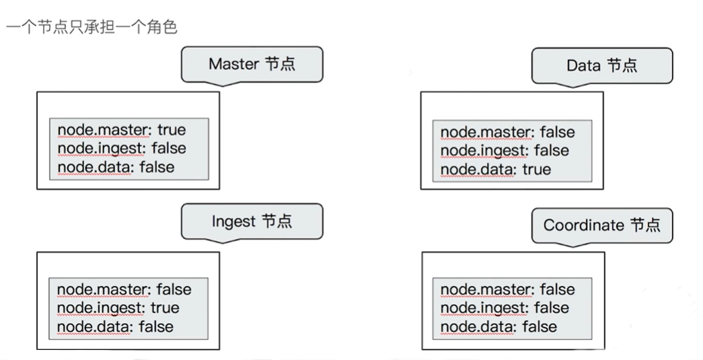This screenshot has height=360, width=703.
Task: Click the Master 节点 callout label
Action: [x=252, y=65]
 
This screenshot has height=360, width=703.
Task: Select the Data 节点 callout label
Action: [x=602, y=65]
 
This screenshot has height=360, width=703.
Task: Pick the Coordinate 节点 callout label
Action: [x=601, y=225]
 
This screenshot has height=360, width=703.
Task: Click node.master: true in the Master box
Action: [x=121, y=129]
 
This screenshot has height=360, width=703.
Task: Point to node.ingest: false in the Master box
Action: [x=121, y=147]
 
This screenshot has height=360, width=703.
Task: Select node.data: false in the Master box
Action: [x=115, y=166]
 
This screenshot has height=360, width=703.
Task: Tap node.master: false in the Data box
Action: [x=508, y=133]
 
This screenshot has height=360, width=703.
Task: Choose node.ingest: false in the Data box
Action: [x=505, y=151]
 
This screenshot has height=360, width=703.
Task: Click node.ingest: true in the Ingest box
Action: [x=118, y=308]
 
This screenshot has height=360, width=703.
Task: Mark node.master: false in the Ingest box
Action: [x=124, y=289]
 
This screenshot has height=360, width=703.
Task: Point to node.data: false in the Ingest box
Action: [x=115, y=326]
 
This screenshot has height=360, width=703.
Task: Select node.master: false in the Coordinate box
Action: [x=508, y=290]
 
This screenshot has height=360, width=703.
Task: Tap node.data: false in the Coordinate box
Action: [x=498, y=326]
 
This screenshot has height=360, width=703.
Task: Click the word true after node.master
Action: [x=171, y=129]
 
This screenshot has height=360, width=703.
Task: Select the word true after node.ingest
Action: [x=165, y=308]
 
